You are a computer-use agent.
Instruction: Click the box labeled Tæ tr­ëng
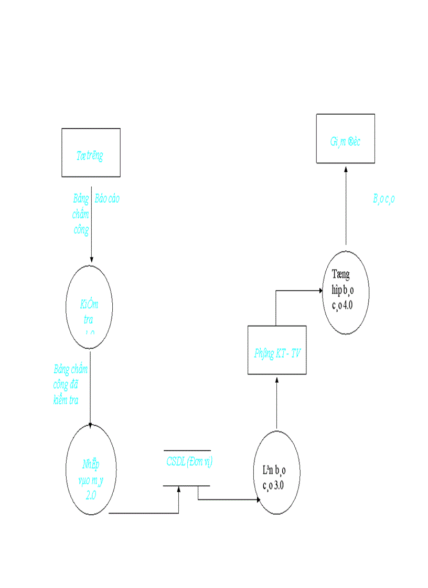[x=91, y=152]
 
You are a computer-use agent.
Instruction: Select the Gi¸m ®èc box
[x=345, y=139]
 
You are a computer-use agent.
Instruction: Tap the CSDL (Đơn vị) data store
[x=187, y=468]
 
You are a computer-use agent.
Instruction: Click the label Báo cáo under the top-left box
[x=107, y=199]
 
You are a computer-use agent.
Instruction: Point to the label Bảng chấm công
[x=81, y=214]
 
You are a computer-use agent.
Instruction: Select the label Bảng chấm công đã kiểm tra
[x=69, y=384]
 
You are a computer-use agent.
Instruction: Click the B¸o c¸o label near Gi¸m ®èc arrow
[x=384, y=198]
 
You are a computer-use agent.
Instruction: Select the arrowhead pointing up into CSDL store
[x=179, y=490]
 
